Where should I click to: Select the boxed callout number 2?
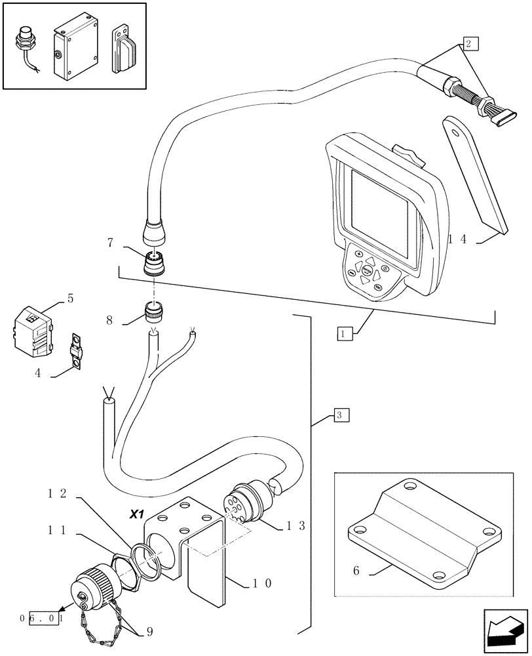(468, 44)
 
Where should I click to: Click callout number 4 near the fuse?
(37, 373)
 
